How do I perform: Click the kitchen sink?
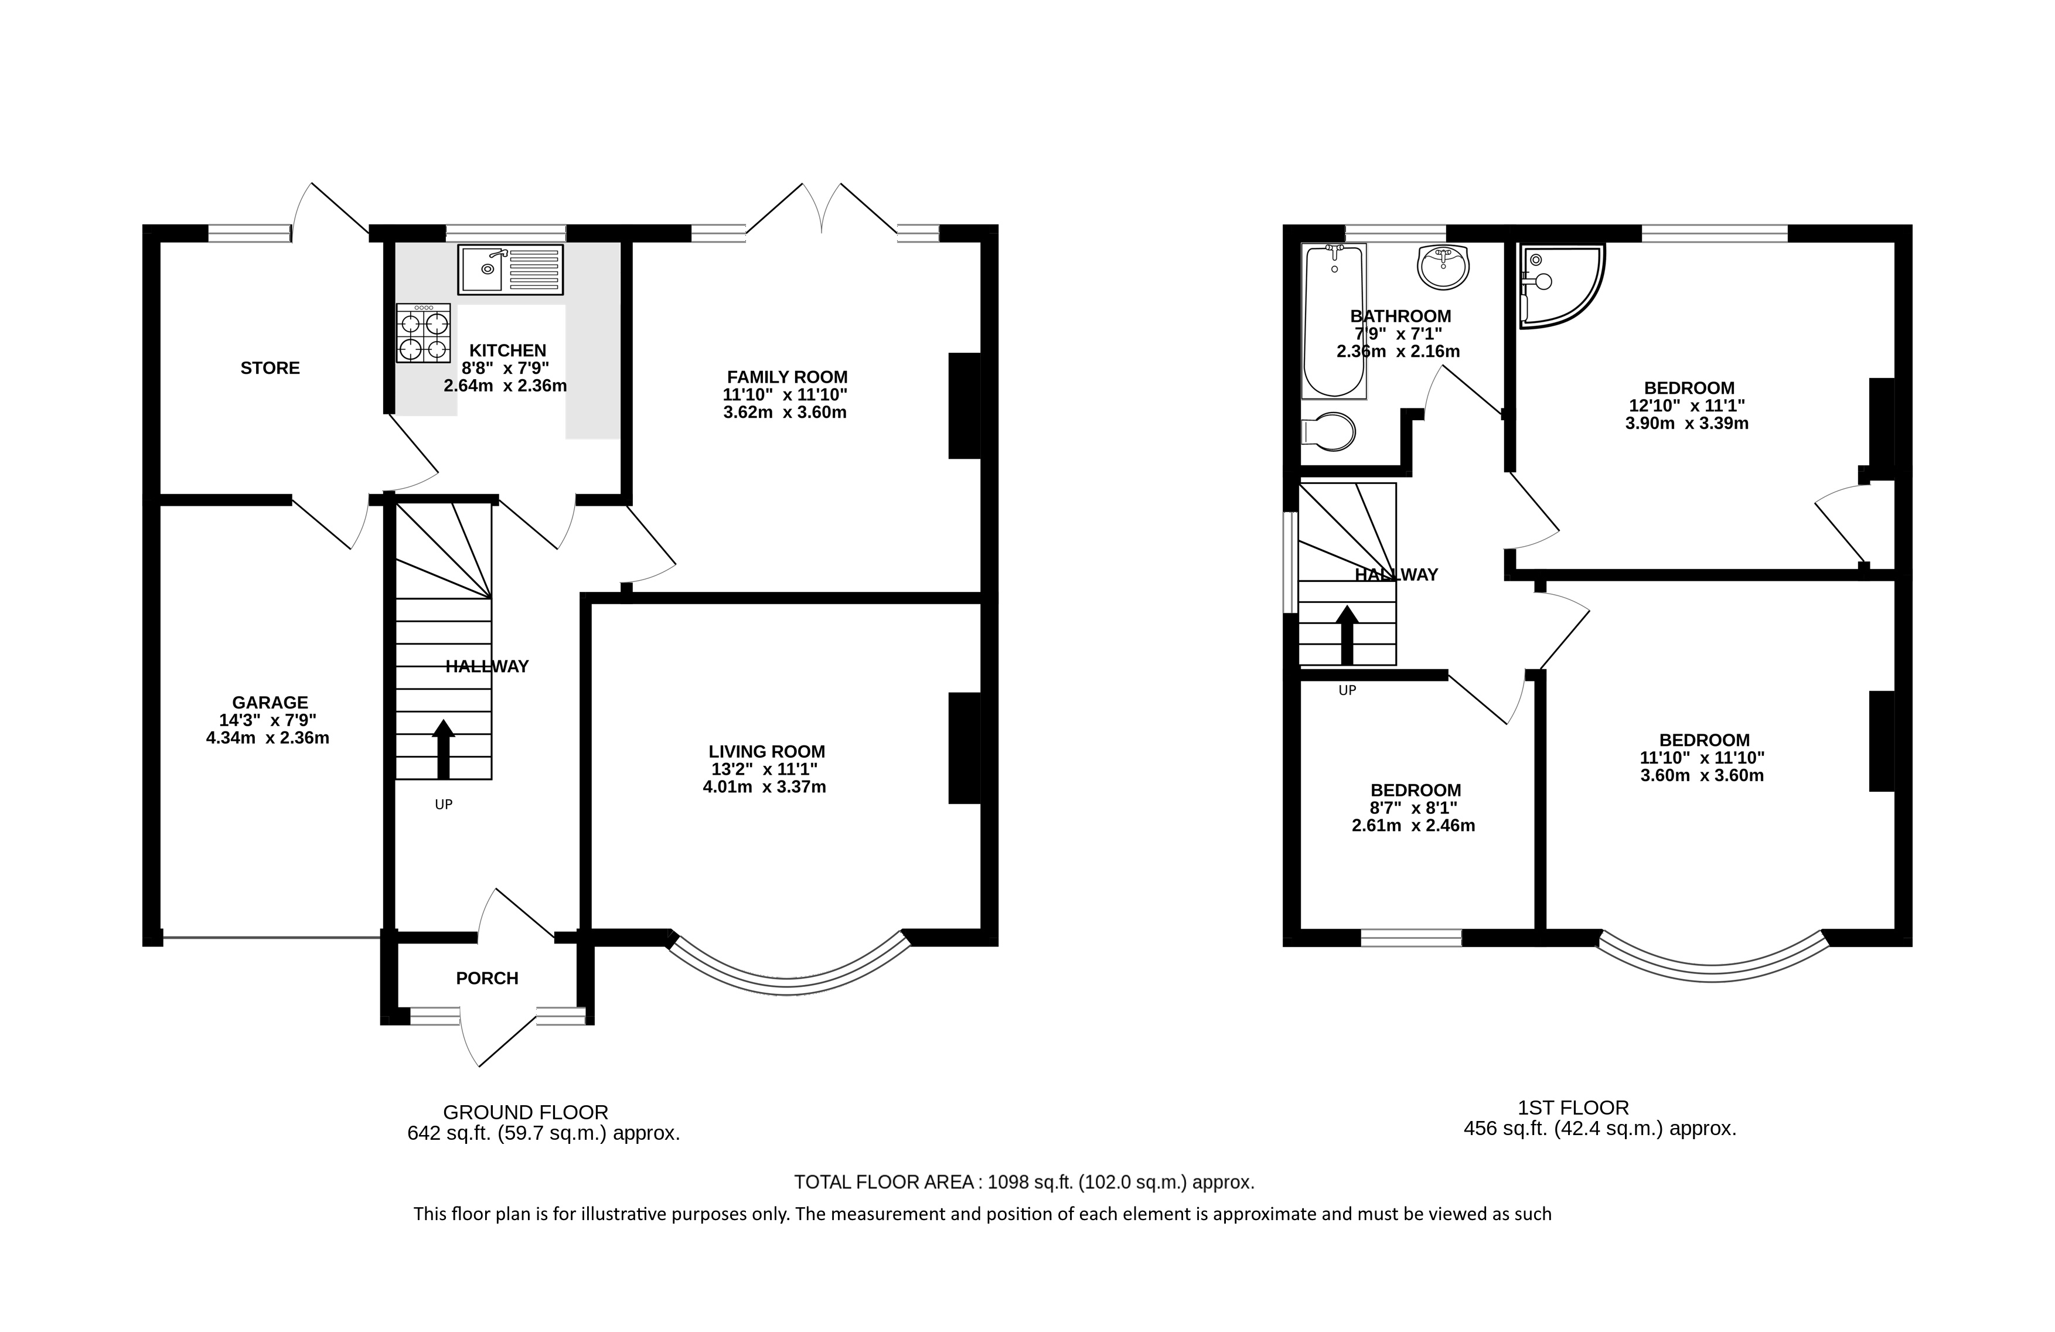[510, 270]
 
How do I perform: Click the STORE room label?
[270, 369]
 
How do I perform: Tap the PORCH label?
[487, 978]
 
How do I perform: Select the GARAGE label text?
[270, 703]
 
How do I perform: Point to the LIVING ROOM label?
[766, 752]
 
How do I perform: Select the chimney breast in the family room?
[965, 405]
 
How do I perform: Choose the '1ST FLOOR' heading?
[1573, 1108]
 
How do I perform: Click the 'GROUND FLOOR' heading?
[526, 1113]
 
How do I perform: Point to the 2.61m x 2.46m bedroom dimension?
[1413, 825]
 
